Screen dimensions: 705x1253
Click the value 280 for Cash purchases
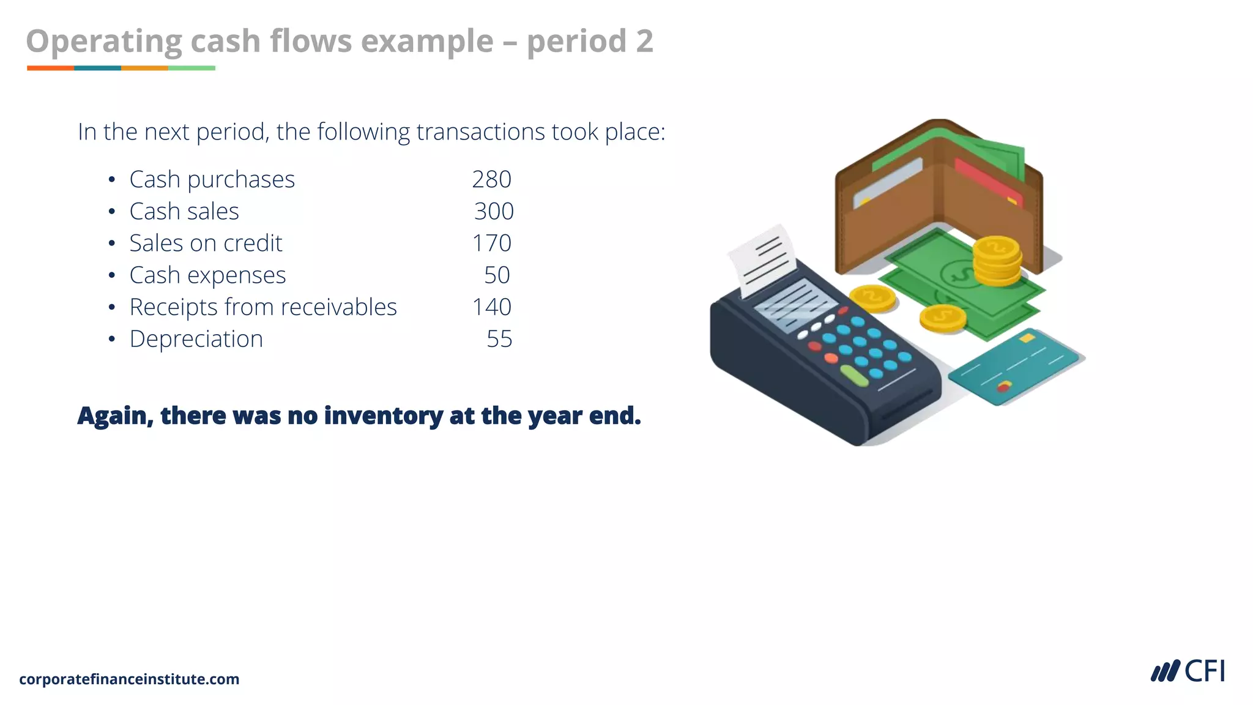491,179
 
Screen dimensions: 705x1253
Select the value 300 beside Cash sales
494,211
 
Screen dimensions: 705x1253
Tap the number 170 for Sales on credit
491,243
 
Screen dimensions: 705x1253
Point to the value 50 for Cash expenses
497,275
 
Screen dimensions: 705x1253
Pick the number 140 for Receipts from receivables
491,307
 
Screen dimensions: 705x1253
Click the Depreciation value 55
499,339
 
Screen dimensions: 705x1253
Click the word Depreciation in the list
196,339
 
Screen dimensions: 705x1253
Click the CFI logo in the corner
1188,671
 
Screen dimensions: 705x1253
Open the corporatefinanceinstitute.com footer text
129,679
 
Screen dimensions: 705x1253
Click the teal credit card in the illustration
1016,366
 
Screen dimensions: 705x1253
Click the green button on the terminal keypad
854,376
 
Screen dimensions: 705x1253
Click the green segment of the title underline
191,68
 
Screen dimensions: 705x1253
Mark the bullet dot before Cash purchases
111,180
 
